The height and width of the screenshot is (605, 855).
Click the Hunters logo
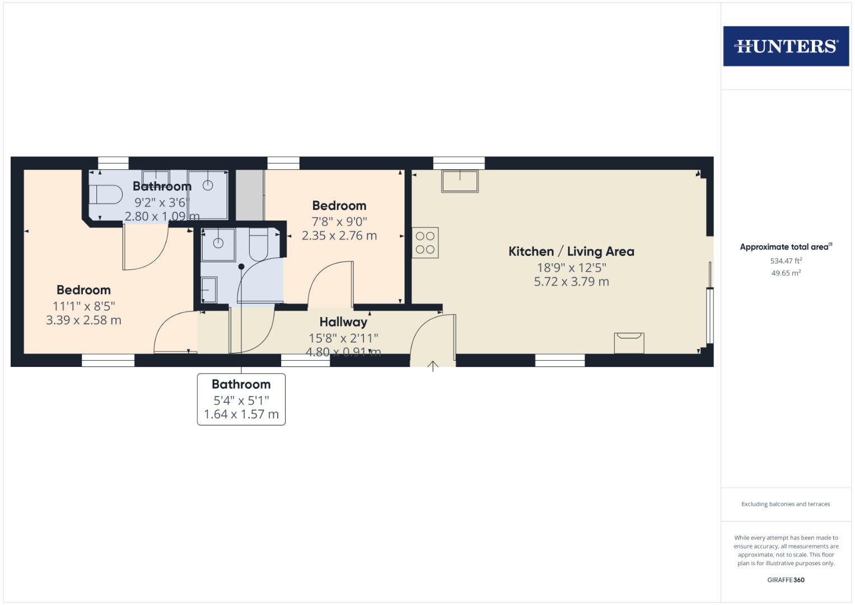pyautogui.click(x=786, y=46)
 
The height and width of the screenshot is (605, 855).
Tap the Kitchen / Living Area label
pyautogui.click(x=571, y=252)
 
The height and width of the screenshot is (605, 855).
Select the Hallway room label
pyautogui.click(x=343, y=322)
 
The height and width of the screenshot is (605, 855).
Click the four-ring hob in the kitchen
pyautogui.click(x=426, y=243)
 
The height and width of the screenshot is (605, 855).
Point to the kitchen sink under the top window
pyautogui.click(x=460, y=181)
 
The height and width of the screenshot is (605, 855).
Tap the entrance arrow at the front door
pyautogui.click(x=433, y=366)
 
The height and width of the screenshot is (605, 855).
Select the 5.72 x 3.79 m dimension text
pyautogui.click(x=571, y=282)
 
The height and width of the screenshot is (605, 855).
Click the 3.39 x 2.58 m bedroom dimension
pyautogui.click(x=83, y=320)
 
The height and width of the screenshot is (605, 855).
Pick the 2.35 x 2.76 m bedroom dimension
pyautogui.click(x=339, y=236)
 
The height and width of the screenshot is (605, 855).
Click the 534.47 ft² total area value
pyautogui.click(x=786, y=261)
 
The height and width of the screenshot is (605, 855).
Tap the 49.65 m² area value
pyautogui.click(x=786, y=273)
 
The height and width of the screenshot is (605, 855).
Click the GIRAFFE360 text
pyautogui.click(x=786, y=580)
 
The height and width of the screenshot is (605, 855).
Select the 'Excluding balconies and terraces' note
pyautogui.click(x=786, y=504)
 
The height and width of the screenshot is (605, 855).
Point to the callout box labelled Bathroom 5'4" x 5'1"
pyautogui.click(x=241, y=399)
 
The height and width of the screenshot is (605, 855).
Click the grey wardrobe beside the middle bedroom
pyautogui.click(x=250, y=195)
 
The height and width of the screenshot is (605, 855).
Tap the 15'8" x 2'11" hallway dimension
pyautogui.click(x=343, y=338)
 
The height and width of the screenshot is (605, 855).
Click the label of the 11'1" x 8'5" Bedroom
pyautogui.click(x=83, y=290)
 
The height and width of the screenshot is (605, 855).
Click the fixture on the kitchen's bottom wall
pyautogui.click(x=629, y=342)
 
